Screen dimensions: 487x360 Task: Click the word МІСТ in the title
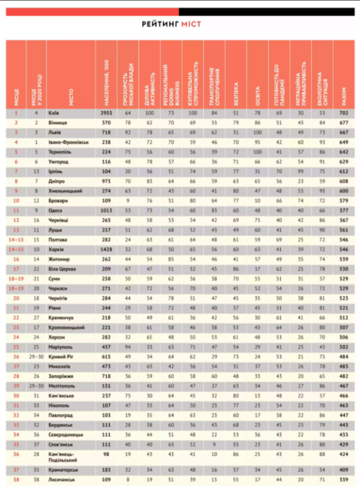191,24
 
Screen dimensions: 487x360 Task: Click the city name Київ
54,113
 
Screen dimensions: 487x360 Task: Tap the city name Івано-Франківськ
69,142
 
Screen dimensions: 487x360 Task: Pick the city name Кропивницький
67,327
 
